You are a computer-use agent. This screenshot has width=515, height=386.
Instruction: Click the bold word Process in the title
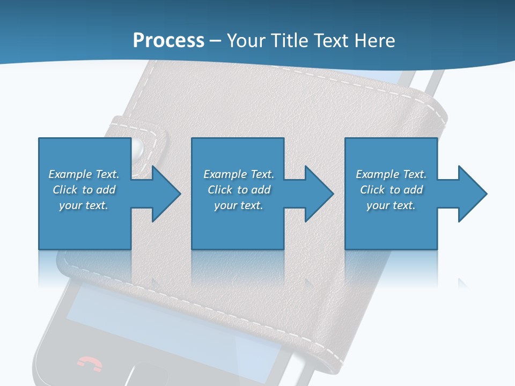[168, 41]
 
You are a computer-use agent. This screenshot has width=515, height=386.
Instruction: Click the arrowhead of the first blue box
[166, 194]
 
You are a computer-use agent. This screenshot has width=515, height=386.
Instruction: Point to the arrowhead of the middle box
[319, 194]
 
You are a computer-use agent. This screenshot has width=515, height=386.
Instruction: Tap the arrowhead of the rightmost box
[473, 194]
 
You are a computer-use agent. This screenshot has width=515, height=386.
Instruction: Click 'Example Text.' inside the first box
[84, 174]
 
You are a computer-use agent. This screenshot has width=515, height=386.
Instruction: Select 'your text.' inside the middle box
[238, 205]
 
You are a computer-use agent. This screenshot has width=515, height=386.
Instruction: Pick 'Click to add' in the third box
[391, 190]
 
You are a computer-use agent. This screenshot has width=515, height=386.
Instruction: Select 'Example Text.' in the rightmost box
[391, 174]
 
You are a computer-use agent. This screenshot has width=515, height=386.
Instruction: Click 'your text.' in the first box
[84, 205]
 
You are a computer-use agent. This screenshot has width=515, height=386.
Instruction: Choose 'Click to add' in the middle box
[238, 190]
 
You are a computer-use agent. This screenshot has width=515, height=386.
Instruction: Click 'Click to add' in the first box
[84, 190]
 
